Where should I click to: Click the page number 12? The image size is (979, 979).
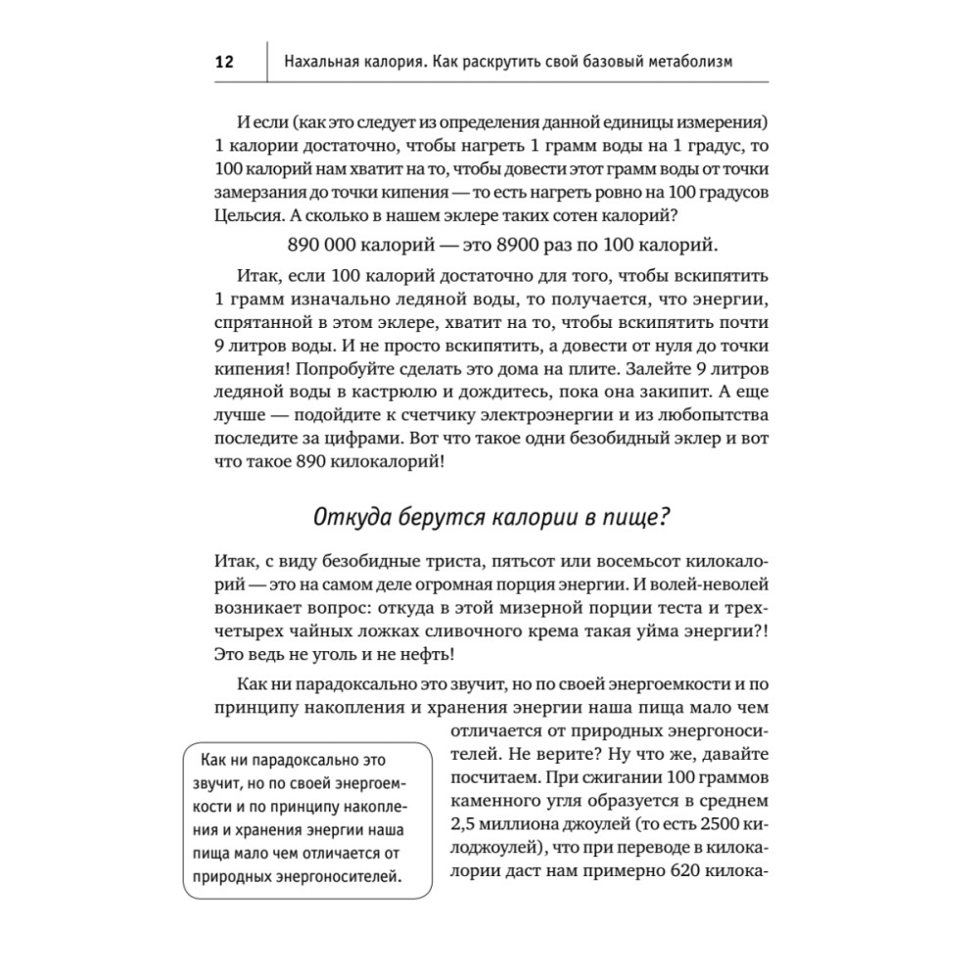tap(224, 63)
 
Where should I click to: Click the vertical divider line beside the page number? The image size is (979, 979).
tap(266, 62)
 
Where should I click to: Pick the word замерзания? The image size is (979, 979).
tap(255, 191)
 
